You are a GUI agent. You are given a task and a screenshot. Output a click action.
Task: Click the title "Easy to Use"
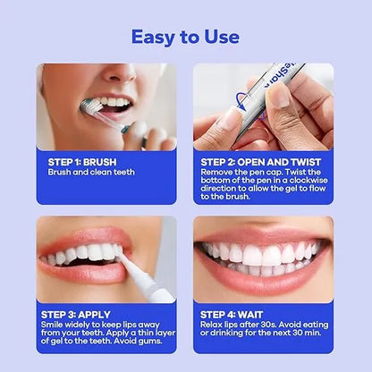pyautogui.click(x=185, y=37)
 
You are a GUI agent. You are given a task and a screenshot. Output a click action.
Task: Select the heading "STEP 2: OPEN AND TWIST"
pyautogui.click(x=250, y=162)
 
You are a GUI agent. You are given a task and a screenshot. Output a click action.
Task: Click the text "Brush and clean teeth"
pyautogui.click(x=91, y=172)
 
